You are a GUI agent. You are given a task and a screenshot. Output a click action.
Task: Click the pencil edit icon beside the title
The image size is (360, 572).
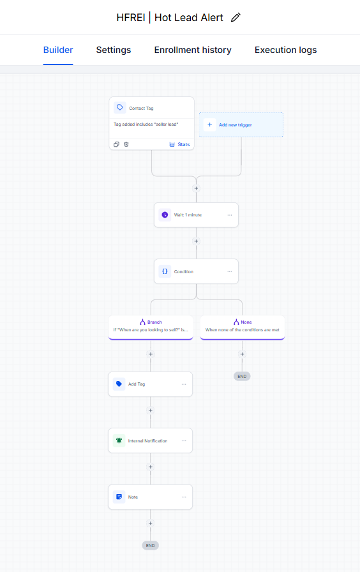pos(236,17)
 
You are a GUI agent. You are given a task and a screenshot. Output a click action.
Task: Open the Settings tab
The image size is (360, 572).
pos(114,50)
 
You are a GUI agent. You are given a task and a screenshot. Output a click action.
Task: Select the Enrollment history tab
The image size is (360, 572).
pos(193,50)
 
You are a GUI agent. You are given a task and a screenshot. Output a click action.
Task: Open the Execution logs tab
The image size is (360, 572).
pos(285,50)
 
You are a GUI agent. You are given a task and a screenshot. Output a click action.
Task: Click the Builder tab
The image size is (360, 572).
pos(58,50)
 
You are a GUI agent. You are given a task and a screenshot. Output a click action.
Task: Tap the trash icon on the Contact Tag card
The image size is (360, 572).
pos(126,144)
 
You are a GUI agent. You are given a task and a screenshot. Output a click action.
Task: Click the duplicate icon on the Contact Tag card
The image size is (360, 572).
pos(116,144)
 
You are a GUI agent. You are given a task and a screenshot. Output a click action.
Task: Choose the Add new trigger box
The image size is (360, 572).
pos(241,124)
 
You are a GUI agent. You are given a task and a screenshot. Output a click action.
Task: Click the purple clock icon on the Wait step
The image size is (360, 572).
pos(165,215)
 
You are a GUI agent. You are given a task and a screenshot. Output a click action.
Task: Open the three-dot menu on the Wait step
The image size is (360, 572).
pos(230,215)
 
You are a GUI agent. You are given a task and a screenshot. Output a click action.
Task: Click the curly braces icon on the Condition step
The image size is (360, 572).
pos(165,271)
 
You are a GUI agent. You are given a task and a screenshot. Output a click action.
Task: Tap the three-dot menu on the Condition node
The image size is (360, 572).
pos(230,271)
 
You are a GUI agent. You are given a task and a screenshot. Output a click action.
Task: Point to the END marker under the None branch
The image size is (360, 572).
pos(242,376)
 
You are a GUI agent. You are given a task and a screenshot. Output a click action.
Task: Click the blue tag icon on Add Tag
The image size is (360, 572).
pos(119,384)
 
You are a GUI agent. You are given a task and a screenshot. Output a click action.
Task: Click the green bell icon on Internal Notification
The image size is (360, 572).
pos(119,440)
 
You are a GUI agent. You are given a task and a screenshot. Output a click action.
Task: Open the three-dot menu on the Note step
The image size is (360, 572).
pos(184,497)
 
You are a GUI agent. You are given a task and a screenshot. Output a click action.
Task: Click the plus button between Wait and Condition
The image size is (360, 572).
pos(196,241)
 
